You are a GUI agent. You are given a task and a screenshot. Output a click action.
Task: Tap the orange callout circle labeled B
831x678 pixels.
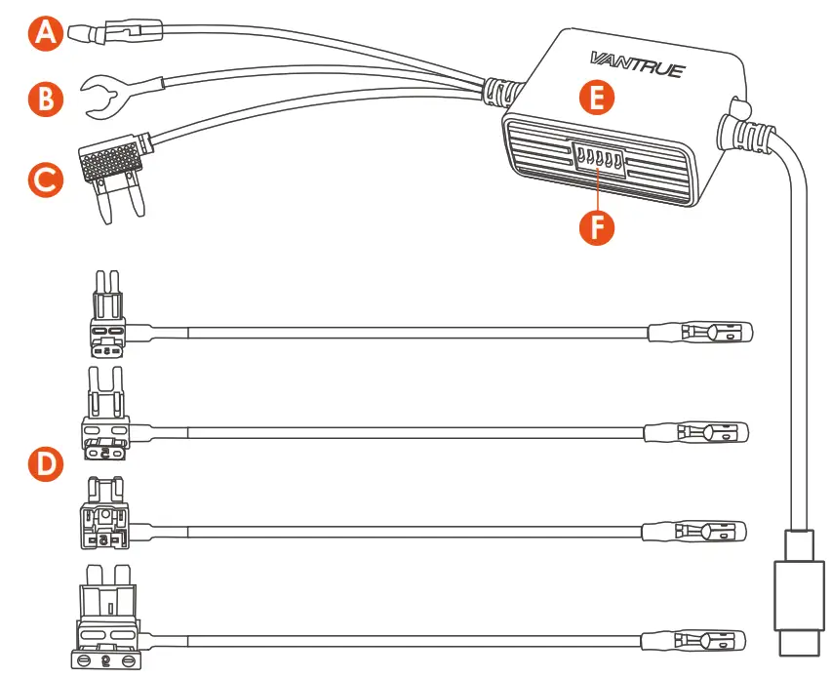coord(44,99)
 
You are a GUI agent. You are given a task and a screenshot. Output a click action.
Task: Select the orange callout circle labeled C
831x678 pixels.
coord(44,179)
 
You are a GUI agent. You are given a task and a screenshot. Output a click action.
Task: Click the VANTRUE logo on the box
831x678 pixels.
coord(637,64)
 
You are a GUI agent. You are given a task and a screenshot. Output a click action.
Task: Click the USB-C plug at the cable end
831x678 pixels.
coord(795,600)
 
